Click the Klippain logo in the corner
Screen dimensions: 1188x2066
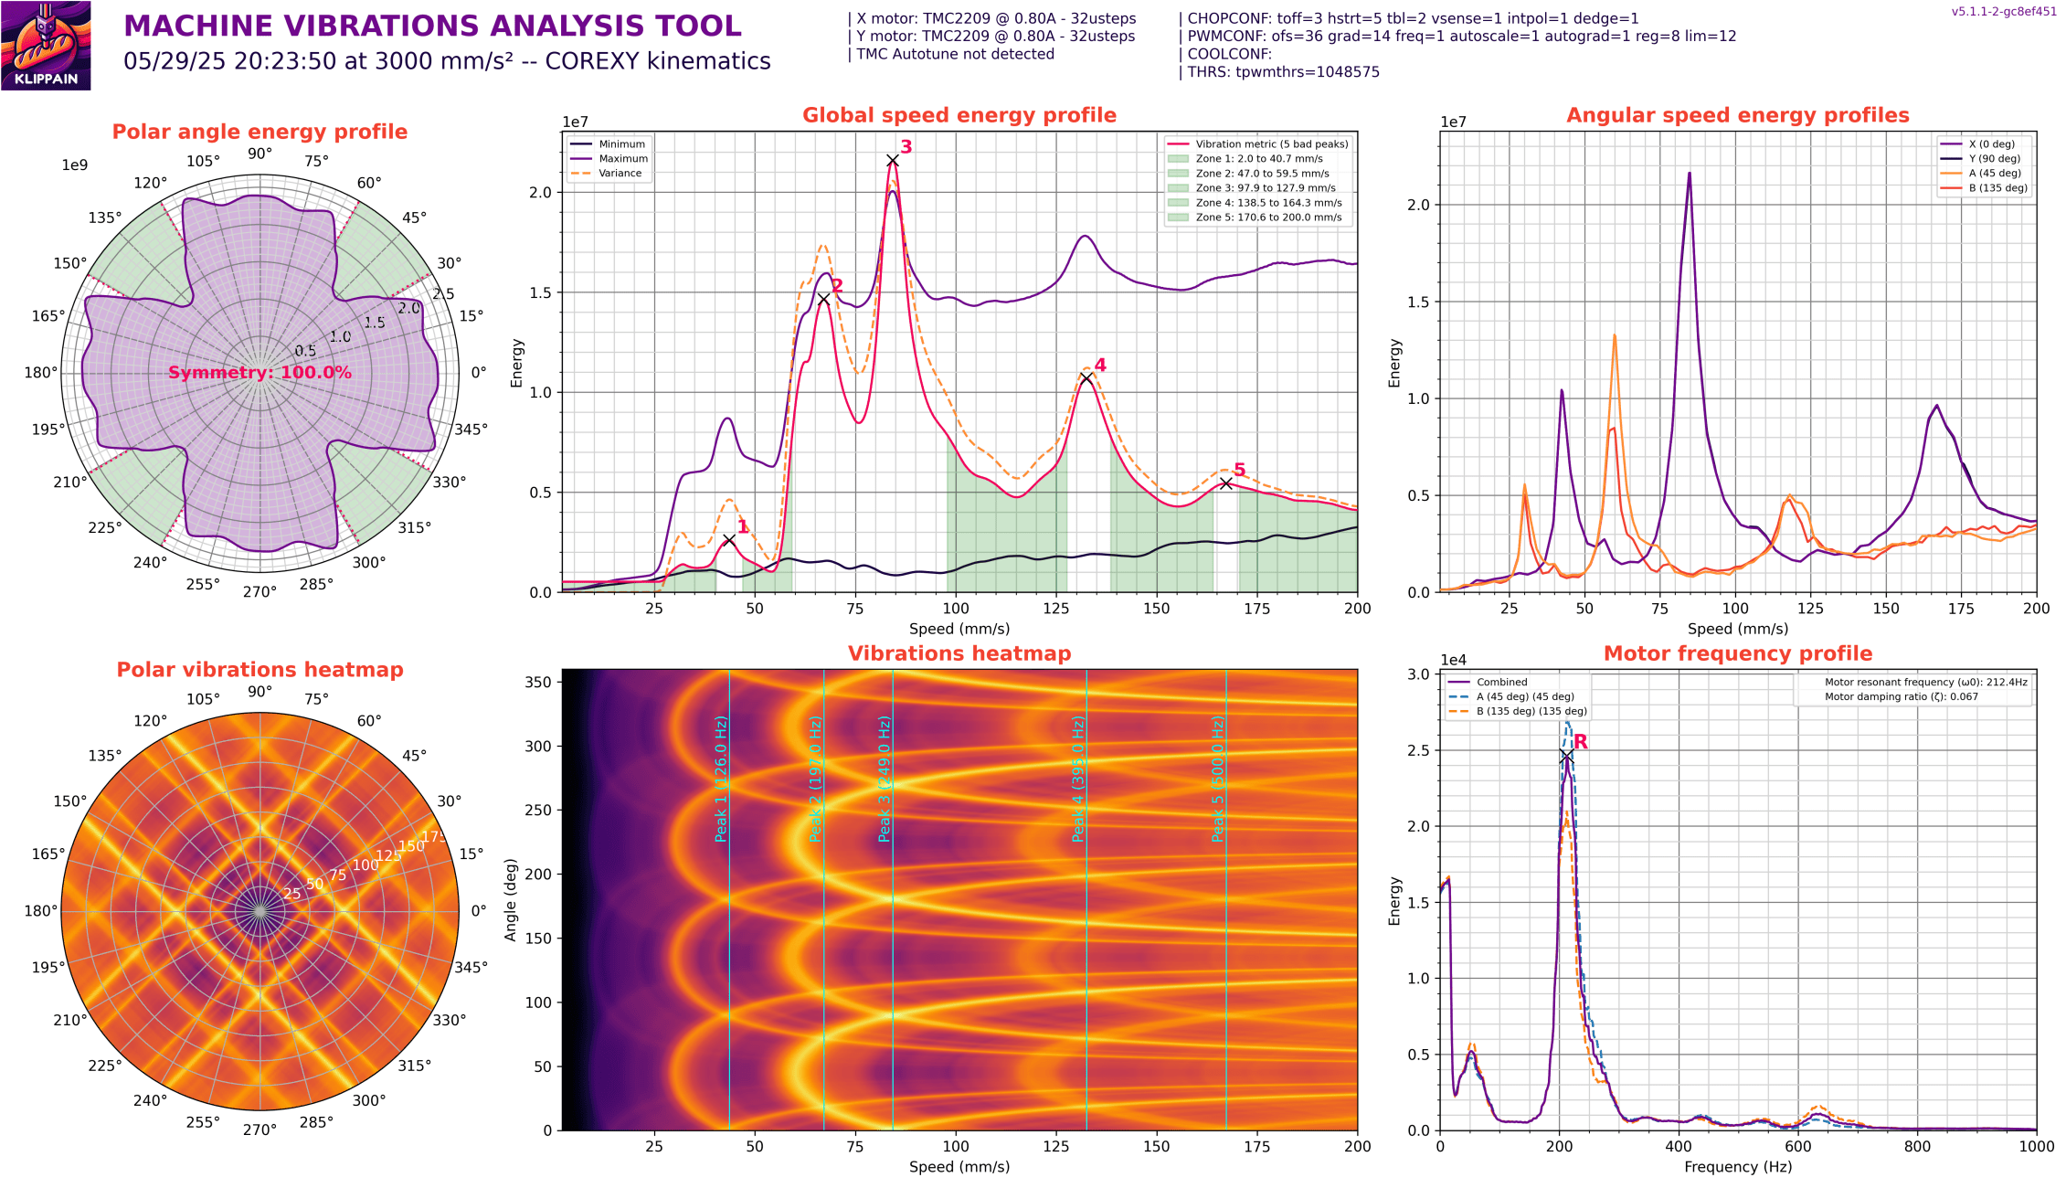46,46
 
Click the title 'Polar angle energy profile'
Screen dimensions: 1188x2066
260,132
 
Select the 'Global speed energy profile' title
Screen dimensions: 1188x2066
959,115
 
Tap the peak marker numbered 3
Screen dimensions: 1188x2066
893,161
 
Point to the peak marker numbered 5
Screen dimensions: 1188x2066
1226,483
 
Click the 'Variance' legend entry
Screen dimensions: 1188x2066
620,174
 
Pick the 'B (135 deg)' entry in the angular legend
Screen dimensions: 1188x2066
1997,188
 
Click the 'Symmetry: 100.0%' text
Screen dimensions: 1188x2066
260,373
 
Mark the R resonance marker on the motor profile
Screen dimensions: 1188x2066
1566,756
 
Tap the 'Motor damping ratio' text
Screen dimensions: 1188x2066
1901,697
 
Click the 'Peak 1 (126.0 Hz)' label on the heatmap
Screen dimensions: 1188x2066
721,779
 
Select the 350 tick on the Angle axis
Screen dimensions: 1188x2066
538,682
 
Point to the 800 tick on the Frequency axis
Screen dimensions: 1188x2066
1917,1147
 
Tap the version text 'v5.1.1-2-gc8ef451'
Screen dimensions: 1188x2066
2003,12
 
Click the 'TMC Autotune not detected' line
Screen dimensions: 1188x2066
955,54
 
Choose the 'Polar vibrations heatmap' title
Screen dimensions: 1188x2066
260,670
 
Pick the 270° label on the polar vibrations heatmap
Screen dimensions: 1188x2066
260,1130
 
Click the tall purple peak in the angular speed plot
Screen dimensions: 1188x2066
1690,174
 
